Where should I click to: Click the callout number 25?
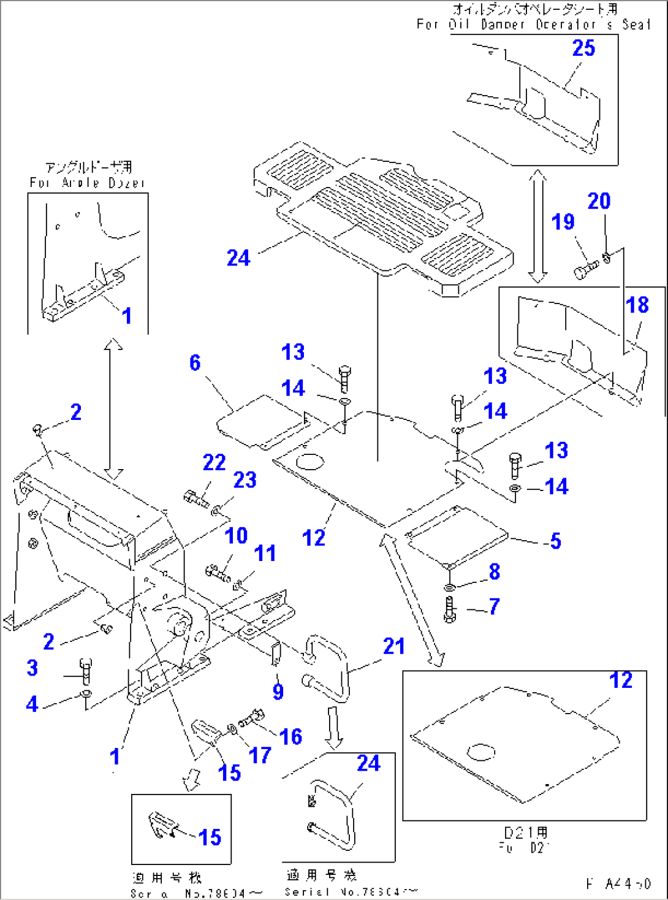pyautogui.click(x=583, y=48)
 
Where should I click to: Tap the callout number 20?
pyautogui.click(x=599, y=201)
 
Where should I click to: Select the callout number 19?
pyautogui.click(x=563, y=222)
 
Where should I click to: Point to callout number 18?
pyautogui.click(x=637, y=305)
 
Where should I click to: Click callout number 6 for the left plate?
pyautogui.click(x=195, y=362)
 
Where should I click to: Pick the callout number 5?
pyautogui.click(x=555, y=541)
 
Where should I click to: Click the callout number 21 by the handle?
pyautogui.click(x=394, y=646)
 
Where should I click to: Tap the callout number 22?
pyautogui.click(x=214, y=462)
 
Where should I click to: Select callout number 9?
pyautogui.click(x=278, y=692)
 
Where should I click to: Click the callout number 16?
pyautogui.click(x=290, y=736)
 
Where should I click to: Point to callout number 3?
pyautogui.click(x=32, y=668)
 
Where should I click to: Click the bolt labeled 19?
pyautogui.click(x=585, y=269)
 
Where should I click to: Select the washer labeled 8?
pyautogui.click(x=450, y=587)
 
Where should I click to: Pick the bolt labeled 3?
pyautogui.click(x=85, y=671)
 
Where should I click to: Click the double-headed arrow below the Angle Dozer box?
pyautogui.click(x=112, y=409)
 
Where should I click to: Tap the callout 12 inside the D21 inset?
pyautogui.click(x=620, y=680)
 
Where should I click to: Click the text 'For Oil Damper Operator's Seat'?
pyautogui.click(x=533, y=25)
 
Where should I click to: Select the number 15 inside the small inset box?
pyautogui.click(x=210, y=837)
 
